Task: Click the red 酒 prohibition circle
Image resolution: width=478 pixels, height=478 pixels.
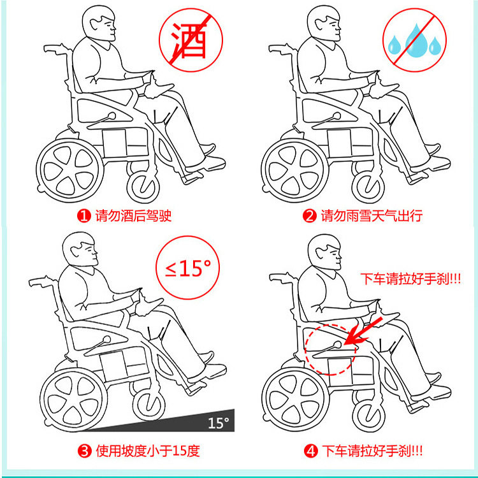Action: point(191,40)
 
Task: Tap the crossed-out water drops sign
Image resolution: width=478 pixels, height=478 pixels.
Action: point(415,40)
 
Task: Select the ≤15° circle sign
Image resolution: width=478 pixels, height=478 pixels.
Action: point(188,268)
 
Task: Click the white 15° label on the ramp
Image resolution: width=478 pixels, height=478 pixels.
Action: point(218,423)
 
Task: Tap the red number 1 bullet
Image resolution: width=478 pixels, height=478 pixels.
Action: point(83,216)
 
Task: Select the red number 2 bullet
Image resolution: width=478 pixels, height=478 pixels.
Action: point(309,216)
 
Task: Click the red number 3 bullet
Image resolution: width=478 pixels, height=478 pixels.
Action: point(84,451)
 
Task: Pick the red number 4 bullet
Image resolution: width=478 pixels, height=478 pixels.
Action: point(311,451)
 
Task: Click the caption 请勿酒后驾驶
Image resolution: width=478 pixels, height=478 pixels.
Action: point(133,216)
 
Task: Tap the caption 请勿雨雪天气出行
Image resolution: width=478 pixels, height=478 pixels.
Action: point(372,216)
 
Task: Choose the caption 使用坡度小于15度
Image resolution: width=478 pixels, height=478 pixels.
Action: point(148,451)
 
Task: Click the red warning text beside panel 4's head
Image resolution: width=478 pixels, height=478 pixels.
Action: point(410,279)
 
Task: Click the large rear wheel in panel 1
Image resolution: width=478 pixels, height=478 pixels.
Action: point(70,171)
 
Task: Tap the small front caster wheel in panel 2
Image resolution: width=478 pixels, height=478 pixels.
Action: point(368,186)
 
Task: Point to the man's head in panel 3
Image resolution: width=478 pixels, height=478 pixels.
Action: point(80,249)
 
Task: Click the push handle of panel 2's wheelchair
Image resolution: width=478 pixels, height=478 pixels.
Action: point(280,49)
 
